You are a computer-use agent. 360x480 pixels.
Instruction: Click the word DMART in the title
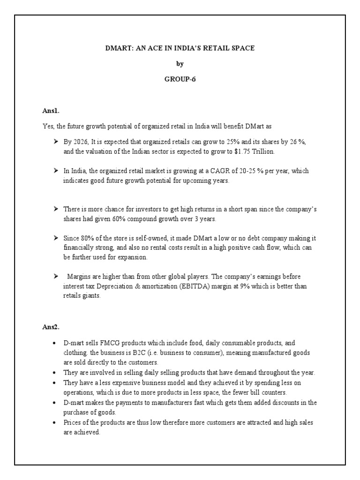(118, 48)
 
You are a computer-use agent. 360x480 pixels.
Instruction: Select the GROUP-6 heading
(180, 79)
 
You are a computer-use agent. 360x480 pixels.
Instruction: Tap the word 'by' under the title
(180, 64)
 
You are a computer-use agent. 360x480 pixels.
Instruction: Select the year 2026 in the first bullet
(81, 142)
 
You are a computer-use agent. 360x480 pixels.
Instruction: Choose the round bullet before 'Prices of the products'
(55, 423)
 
